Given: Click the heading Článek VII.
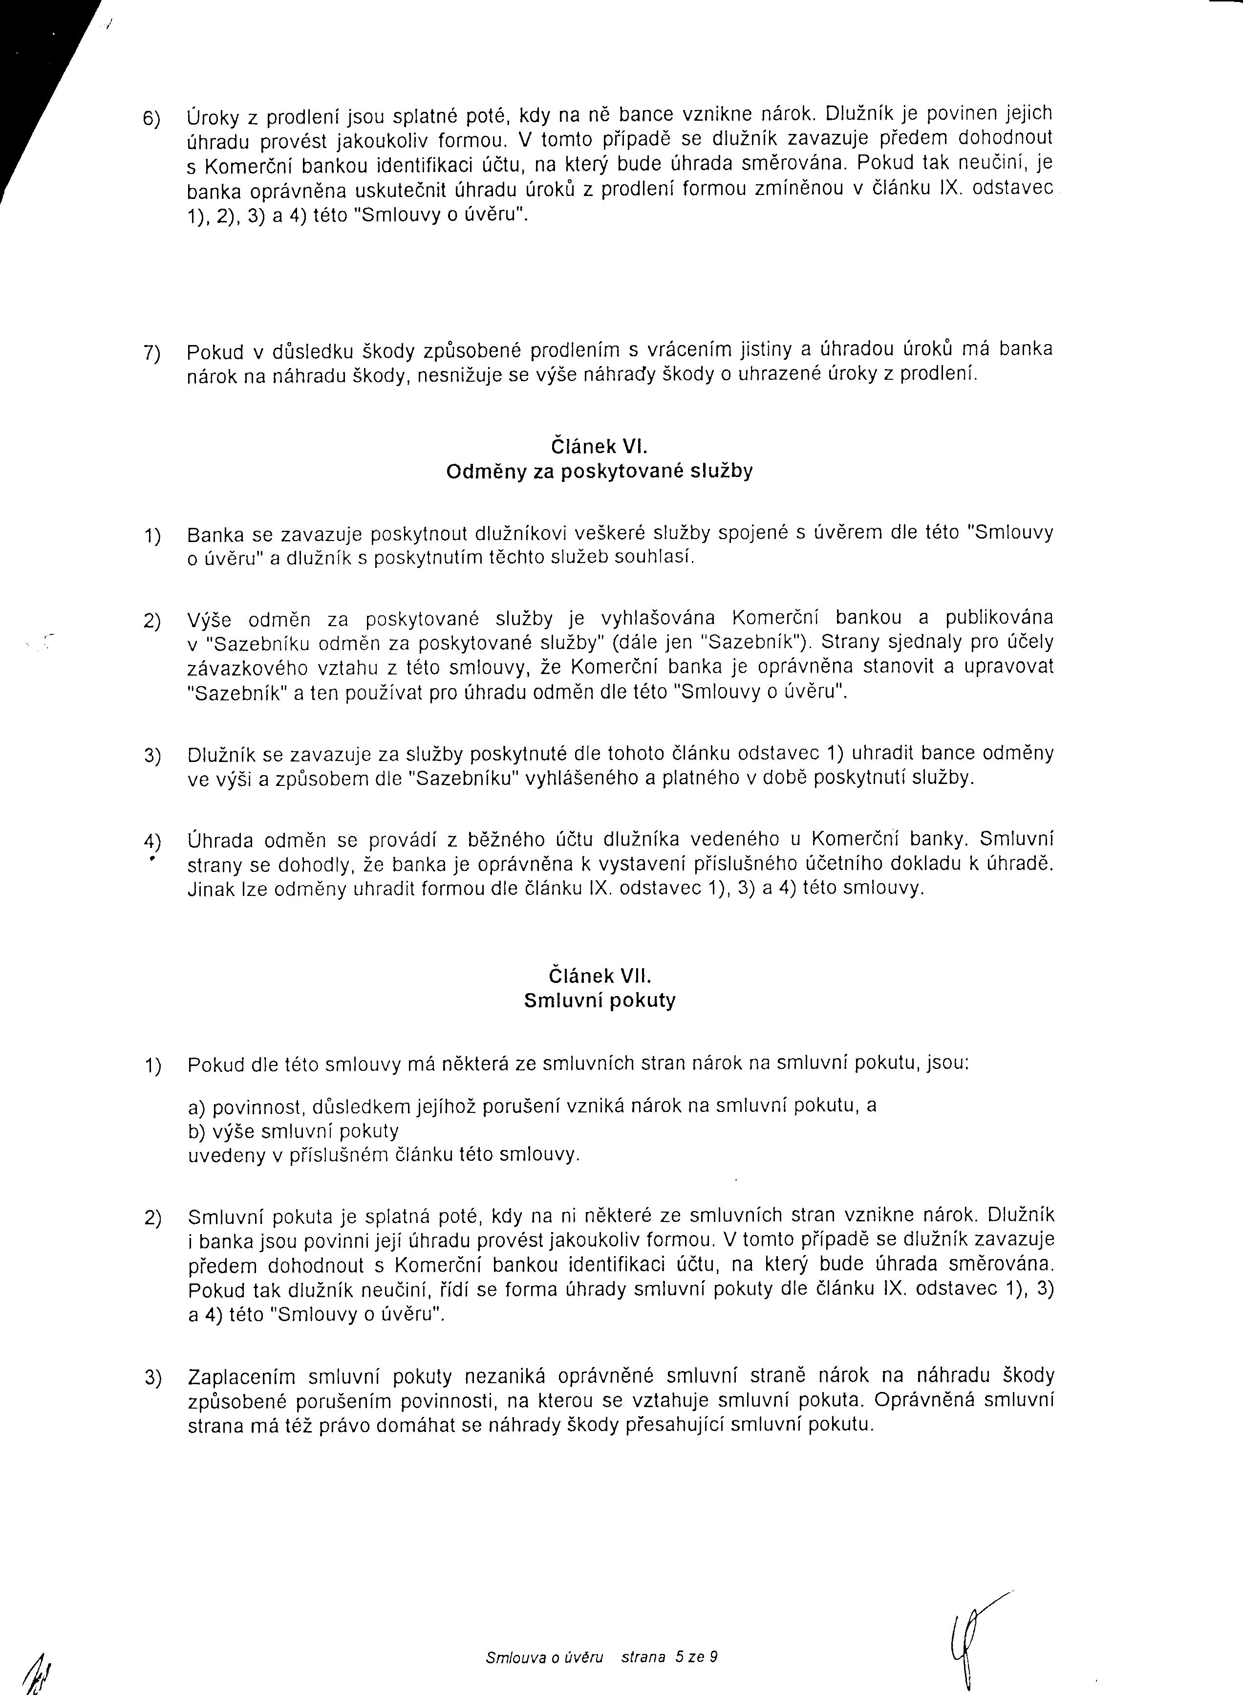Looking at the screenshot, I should [600, 976].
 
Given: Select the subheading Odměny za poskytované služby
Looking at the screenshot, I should [599, 472].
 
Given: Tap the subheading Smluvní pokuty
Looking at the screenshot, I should [600, 1001].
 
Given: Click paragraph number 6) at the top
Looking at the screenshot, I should [153, 119].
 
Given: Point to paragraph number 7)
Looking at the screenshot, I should [153, 353].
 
